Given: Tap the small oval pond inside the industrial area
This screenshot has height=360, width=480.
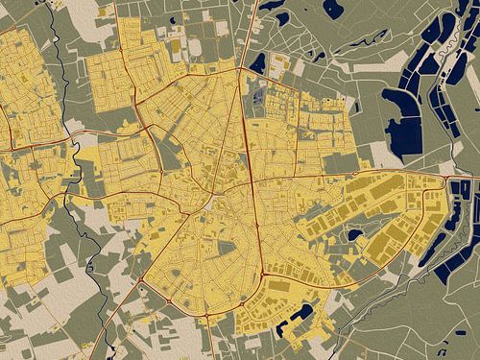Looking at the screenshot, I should (x=354, y=234).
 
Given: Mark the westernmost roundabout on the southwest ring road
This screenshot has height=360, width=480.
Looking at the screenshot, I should (x=142, y=281).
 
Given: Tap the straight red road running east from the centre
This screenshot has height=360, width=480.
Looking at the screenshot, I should (x=346, y=176).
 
